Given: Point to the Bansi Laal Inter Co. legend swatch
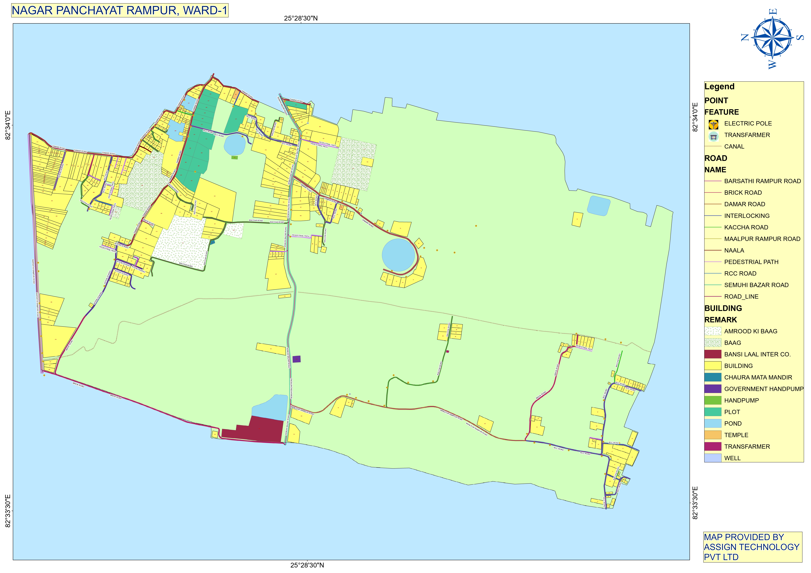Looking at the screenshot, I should (712, 354).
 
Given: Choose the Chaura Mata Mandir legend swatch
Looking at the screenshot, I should (712, 377).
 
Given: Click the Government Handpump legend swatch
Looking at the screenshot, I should (712, 389).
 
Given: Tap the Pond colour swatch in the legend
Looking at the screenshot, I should (712, 423).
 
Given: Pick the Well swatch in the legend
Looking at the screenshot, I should (712, 458).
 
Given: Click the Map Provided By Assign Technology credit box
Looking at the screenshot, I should (752, 547).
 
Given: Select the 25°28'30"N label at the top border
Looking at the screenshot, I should (301, 18).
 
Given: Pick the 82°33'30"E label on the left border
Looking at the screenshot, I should (8, 511).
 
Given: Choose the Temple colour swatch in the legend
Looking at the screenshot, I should (712, 435).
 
